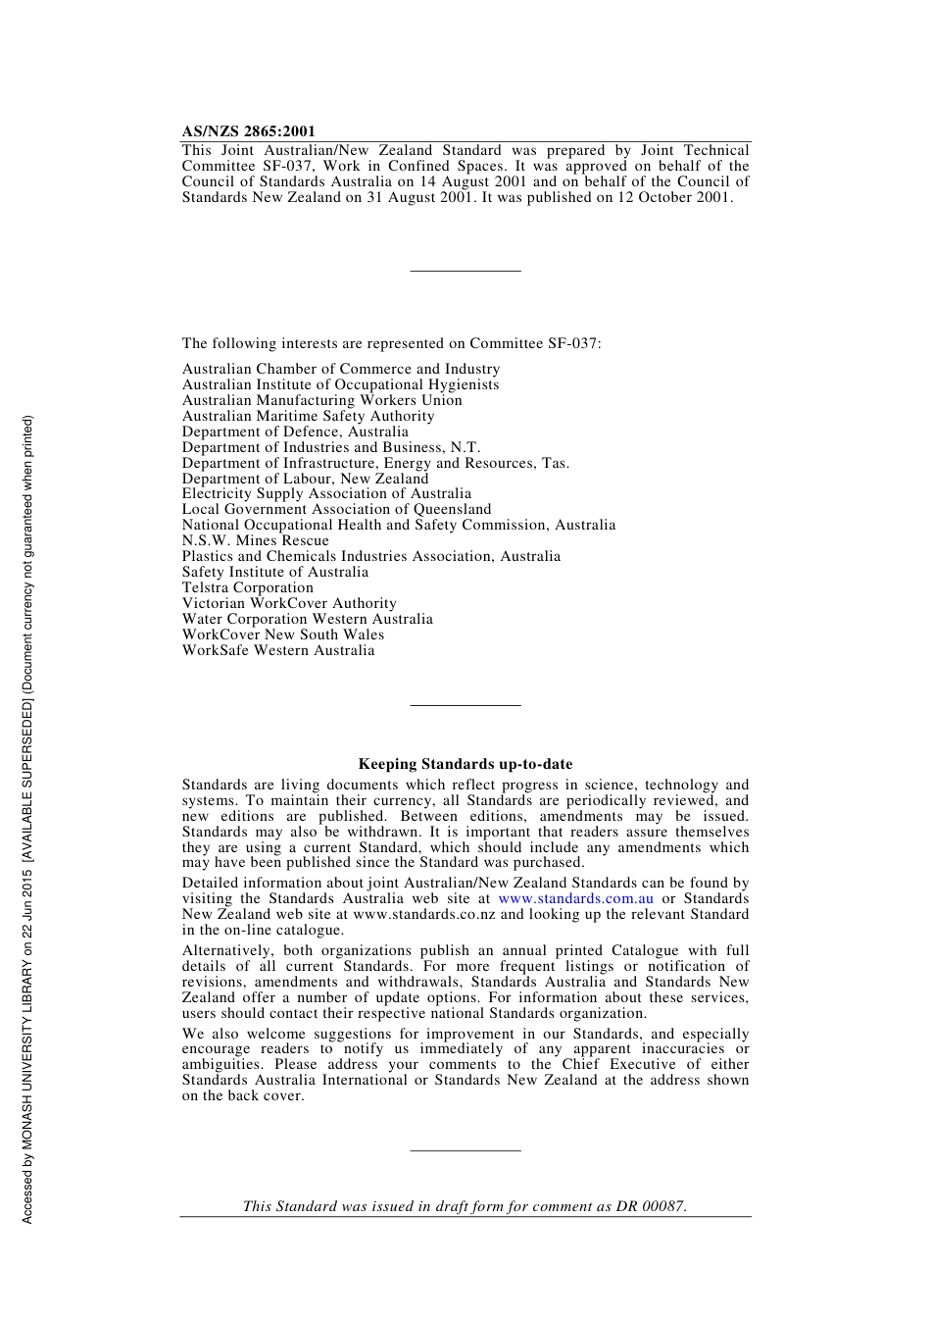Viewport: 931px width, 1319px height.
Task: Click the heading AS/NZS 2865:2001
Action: (248, 131)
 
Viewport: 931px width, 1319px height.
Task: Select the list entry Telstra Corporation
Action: (247, 587)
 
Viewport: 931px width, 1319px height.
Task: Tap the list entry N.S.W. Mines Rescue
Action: (255, 540)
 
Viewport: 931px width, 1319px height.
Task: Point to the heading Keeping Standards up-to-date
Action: (465, 764)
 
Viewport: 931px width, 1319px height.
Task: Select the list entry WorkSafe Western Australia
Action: (277, 650)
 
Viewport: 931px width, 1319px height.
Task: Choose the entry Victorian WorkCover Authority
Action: (289, 603)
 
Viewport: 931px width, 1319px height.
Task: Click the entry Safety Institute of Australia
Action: (274, 572)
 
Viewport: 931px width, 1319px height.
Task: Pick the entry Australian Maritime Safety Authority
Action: (308, 416)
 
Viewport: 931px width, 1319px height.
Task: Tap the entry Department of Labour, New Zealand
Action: (305, 479)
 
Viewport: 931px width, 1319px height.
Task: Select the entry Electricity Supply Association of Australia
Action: (326, 493)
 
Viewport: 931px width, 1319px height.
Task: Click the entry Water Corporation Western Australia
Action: (307, 619)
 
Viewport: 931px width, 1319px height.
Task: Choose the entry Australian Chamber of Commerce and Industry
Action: (340, 369)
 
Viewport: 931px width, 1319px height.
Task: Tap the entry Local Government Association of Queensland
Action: (336, 509)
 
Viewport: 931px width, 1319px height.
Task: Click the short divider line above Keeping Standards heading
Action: (465, 704)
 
